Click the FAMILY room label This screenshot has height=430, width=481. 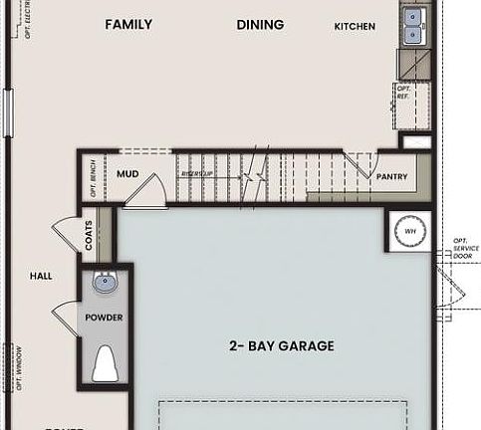coord(128,24)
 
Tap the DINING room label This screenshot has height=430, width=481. coord(260,24)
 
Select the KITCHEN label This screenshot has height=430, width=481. coord(355,26)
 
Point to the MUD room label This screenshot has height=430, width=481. coord(127,174)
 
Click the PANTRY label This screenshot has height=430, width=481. coord(391,176)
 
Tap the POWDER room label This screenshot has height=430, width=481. coord(104,318)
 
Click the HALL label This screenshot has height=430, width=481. coord(40,276)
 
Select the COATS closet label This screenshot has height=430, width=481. coord(89,239)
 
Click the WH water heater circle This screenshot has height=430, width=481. coord(409,231)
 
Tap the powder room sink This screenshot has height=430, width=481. coord(105,283)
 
